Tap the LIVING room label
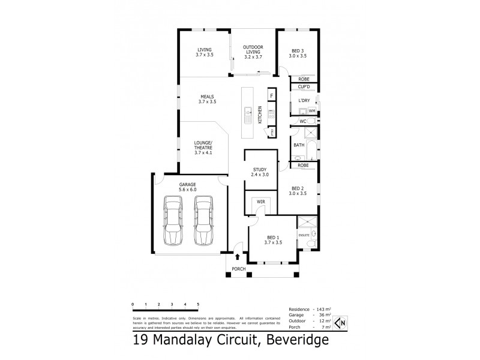(205, 52)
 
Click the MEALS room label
(207, 99)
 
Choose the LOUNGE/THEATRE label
(203, 148)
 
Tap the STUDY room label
(260, 172)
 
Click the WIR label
(260, 202)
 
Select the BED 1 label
(273, 240)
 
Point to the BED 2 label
(297, 191)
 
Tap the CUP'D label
(304, 87)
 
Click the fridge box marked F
(271, 96)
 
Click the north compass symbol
(339, 323)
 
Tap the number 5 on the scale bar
(197, 305)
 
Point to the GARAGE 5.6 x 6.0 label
(187, 187)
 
